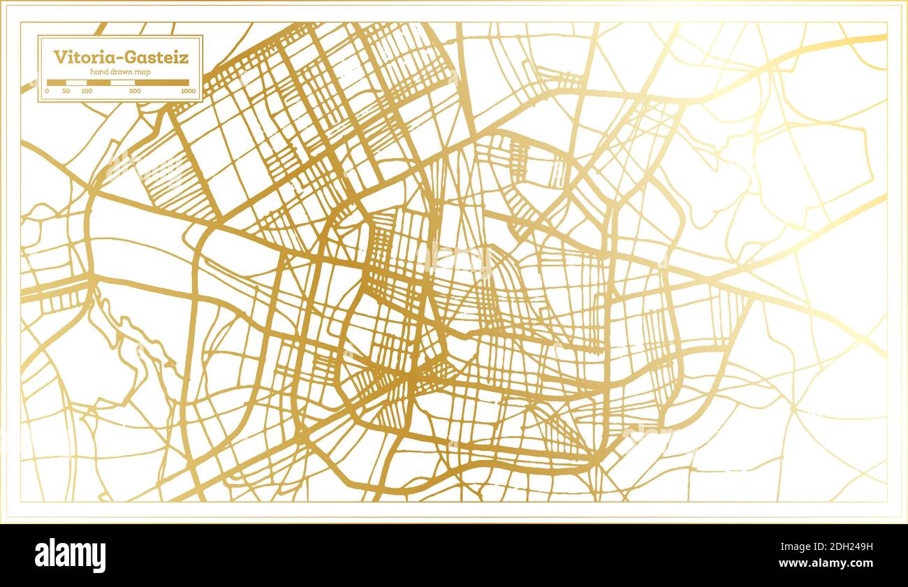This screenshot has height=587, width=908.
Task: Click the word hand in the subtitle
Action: click(x=99, y=72)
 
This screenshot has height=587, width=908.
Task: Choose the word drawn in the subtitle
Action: click(x=122, y=72)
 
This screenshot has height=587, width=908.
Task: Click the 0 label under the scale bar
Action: click(x=47, y=91)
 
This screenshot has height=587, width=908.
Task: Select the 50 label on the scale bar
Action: click(x=66, y=91)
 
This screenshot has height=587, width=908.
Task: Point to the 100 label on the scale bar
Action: click(x=87, y=91)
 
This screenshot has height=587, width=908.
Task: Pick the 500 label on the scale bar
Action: click(x=135, y=91)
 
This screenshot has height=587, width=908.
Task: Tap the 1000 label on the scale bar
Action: click(x=188, y=91)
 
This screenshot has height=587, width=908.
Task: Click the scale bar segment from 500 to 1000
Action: click(x=162, y=82)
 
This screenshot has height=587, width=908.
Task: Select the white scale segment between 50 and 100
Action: click(x=76, y=82)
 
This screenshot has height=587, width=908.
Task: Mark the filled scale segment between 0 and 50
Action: click(x=57, y=82)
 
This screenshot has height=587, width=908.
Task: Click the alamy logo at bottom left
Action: click(x=71, y=556)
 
